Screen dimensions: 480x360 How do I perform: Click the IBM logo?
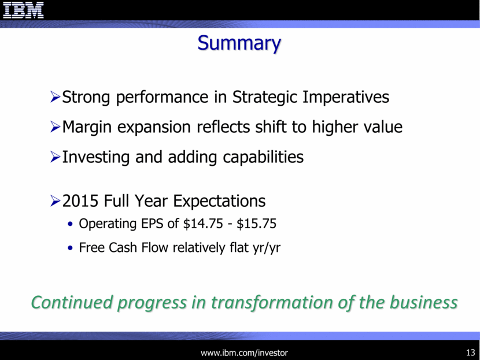coord(23,10)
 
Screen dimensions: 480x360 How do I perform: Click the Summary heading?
coord(239,43)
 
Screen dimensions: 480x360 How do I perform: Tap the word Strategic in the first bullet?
coord(264,98)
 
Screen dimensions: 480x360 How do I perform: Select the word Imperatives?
coord(346,98)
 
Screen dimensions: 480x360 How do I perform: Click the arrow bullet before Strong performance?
coord(55,97)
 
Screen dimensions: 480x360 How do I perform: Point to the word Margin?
coord(87,128)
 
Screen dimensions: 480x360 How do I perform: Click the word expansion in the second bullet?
coord(154,128)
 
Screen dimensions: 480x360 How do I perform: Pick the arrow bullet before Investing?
coord(55,157)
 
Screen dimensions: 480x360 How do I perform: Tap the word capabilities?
coord(263,158)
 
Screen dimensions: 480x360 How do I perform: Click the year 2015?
coord(80,201)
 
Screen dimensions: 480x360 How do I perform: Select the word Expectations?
coord(219,202)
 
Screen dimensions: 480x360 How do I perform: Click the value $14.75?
coord(203,224)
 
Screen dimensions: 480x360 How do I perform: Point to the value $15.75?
coord(257,224)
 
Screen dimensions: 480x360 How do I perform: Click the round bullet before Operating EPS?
coord(71,224)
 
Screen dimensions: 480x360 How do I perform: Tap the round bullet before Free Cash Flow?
coord(71,248)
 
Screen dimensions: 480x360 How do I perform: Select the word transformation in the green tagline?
coord(272,302)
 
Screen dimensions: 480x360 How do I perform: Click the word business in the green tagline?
coord(424,302)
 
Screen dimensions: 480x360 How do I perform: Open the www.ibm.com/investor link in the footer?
coord(244,353)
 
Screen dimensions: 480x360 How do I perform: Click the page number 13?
coord(471,352)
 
